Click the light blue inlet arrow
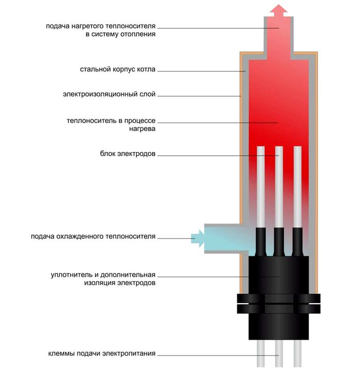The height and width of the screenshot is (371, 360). point(197,238)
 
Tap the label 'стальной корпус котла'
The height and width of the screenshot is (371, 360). point(117,69)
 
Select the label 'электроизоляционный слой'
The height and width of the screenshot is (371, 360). point(109,95)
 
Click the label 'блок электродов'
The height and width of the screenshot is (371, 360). point(128,154)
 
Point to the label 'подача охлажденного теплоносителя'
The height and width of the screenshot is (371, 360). point(93,237)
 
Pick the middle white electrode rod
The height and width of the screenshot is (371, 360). point(279,185)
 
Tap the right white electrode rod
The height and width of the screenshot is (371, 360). point(297,185)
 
